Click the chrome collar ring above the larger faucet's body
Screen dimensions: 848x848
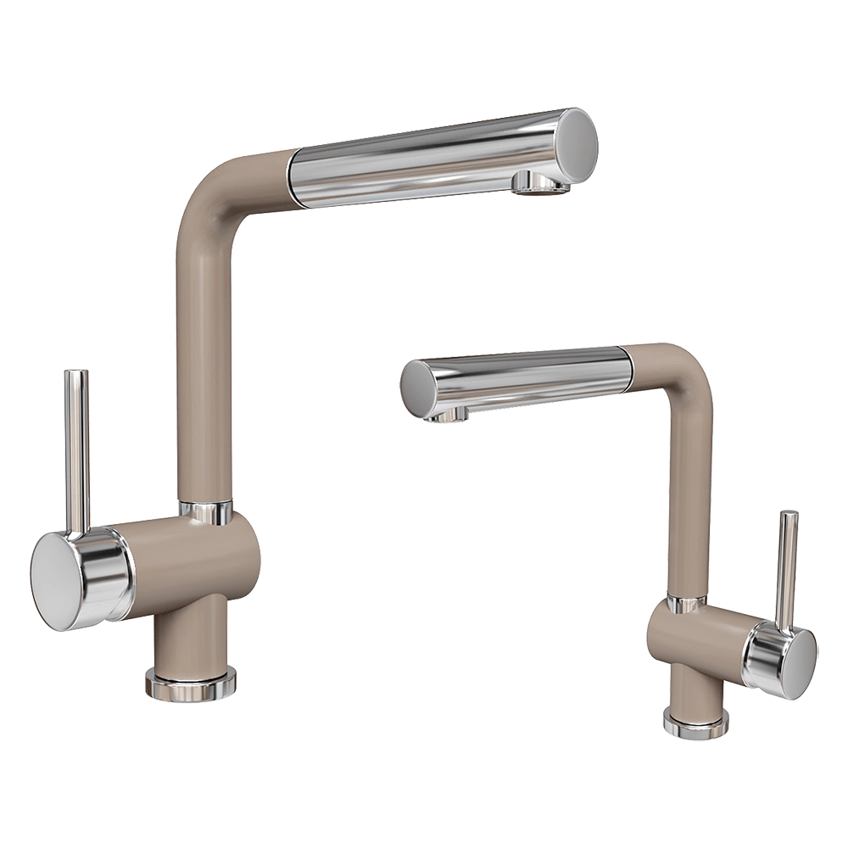(204, 509)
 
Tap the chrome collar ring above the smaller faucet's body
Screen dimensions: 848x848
(685, 605)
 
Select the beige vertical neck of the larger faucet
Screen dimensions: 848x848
(204, 356)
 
